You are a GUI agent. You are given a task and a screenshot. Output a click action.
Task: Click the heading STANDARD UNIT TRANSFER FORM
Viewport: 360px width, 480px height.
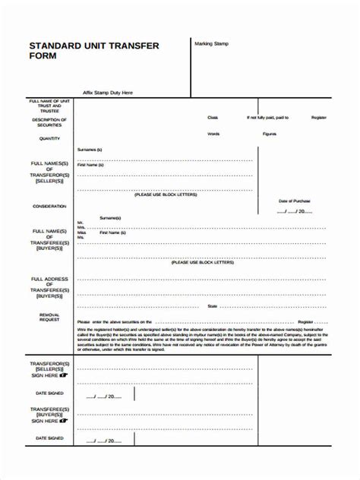(x=94, y=51)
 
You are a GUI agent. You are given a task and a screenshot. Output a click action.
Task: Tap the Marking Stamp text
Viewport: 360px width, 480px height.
(x=211, y=43)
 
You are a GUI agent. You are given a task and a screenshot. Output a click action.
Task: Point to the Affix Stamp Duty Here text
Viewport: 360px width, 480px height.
(x=108, y=93)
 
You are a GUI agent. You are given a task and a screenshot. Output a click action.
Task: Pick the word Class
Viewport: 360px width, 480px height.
(x=213, y=118)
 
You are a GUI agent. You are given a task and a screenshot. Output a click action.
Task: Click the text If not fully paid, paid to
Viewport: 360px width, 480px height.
(x=267, y=118)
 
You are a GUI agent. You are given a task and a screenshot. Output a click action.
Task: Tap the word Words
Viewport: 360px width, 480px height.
(x=213, y=134)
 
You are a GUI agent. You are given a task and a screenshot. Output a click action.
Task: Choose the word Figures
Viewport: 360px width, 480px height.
(x=270, y=134)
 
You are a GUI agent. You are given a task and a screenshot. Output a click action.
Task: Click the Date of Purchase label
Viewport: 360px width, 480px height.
(x=295, y=201)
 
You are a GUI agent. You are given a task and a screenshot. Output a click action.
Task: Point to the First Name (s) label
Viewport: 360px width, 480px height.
(x=90, y=165)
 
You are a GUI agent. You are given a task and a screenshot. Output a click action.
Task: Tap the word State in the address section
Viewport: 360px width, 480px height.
(x=213, y=306)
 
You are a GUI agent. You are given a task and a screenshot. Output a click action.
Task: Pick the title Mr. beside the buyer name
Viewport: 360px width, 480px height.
(x=81, y=223)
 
